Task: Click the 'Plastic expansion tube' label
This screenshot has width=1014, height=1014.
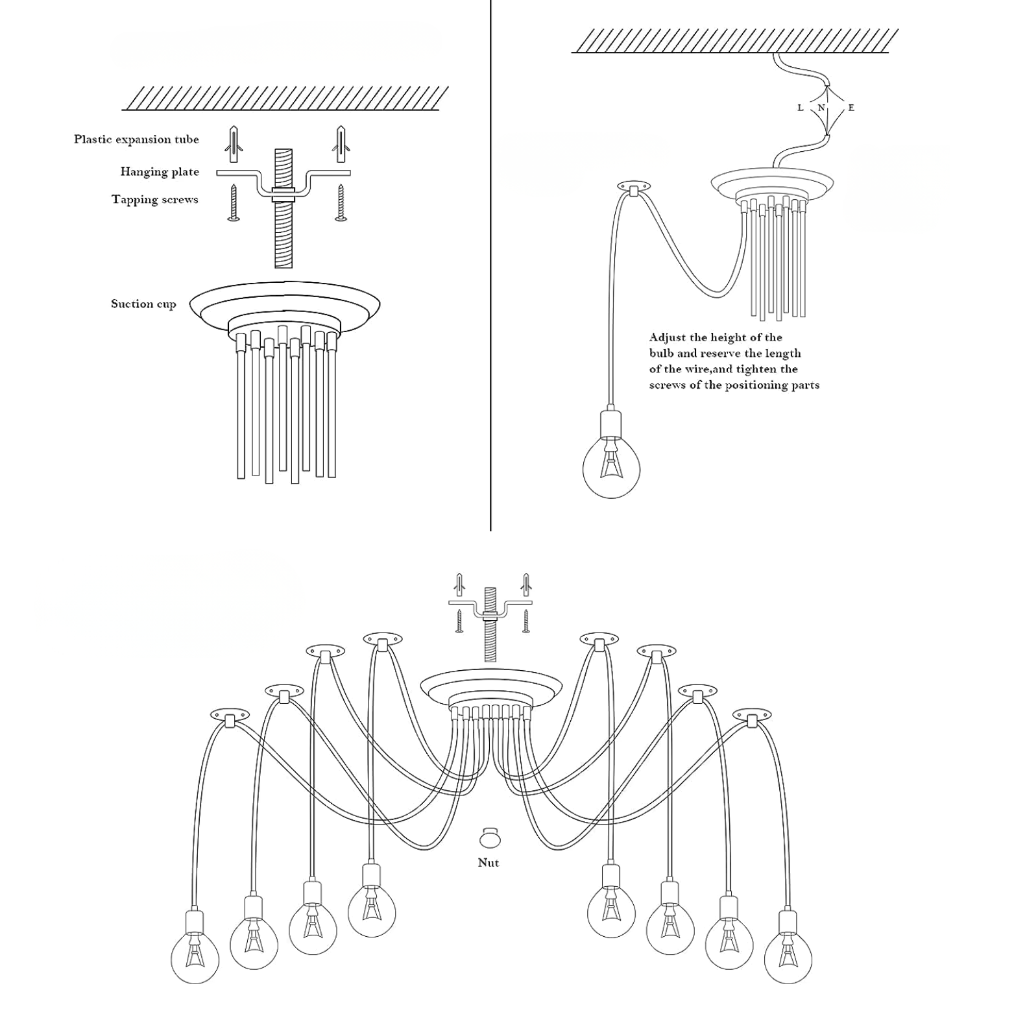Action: coord(136,139)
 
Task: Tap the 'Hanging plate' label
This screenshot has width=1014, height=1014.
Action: coord(160,172)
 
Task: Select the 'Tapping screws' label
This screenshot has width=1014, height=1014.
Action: coord(154,200)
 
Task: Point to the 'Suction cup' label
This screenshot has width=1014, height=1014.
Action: coord(143,304)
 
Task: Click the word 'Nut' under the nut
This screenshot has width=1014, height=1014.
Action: coord(489,863)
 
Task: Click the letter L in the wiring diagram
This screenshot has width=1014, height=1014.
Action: coord(801,108)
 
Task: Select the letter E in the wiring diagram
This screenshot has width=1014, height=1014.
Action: coord(851,108)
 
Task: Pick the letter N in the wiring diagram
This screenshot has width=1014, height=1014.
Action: coord(821,108)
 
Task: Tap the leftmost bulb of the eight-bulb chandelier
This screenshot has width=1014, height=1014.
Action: coord(195,958)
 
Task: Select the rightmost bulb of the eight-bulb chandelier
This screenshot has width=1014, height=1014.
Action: coord(788,958)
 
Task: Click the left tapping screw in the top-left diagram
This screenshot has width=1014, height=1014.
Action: coord(234,202)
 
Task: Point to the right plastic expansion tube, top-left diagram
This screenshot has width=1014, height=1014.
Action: coord(341,144)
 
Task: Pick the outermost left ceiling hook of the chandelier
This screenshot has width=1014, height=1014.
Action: coord(230,716)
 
